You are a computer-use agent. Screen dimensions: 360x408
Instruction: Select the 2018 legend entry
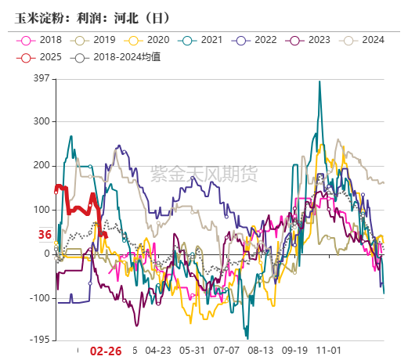[x=42, y=40]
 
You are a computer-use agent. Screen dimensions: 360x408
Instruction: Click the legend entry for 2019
[x=95, y=40]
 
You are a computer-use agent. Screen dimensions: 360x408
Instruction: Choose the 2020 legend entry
[x=149, y=40]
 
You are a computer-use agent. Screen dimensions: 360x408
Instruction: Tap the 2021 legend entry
[x=203, y=40]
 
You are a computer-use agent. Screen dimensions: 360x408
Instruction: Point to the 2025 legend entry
[x=42, y=56]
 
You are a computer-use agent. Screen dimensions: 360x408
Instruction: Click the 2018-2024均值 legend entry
[x=117, y=56]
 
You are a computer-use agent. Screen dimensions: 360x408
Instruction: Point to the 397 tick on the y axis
[x=41, y=78]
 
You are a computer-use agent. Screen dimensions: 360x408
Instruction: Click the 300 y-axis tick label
[x=41, y=121]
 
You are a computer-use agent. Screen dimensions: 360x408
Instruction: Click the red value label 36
[x=45, y=235]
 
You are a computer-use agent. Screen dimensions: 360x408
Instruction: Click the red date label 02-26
[x=106, y=351]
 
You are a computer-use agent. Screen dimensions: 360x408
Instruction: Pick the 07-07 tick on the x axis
[x=227, y=351]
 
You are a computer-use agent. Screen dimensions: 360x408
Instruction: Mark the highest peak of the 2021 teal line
[x=320, y=81]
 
